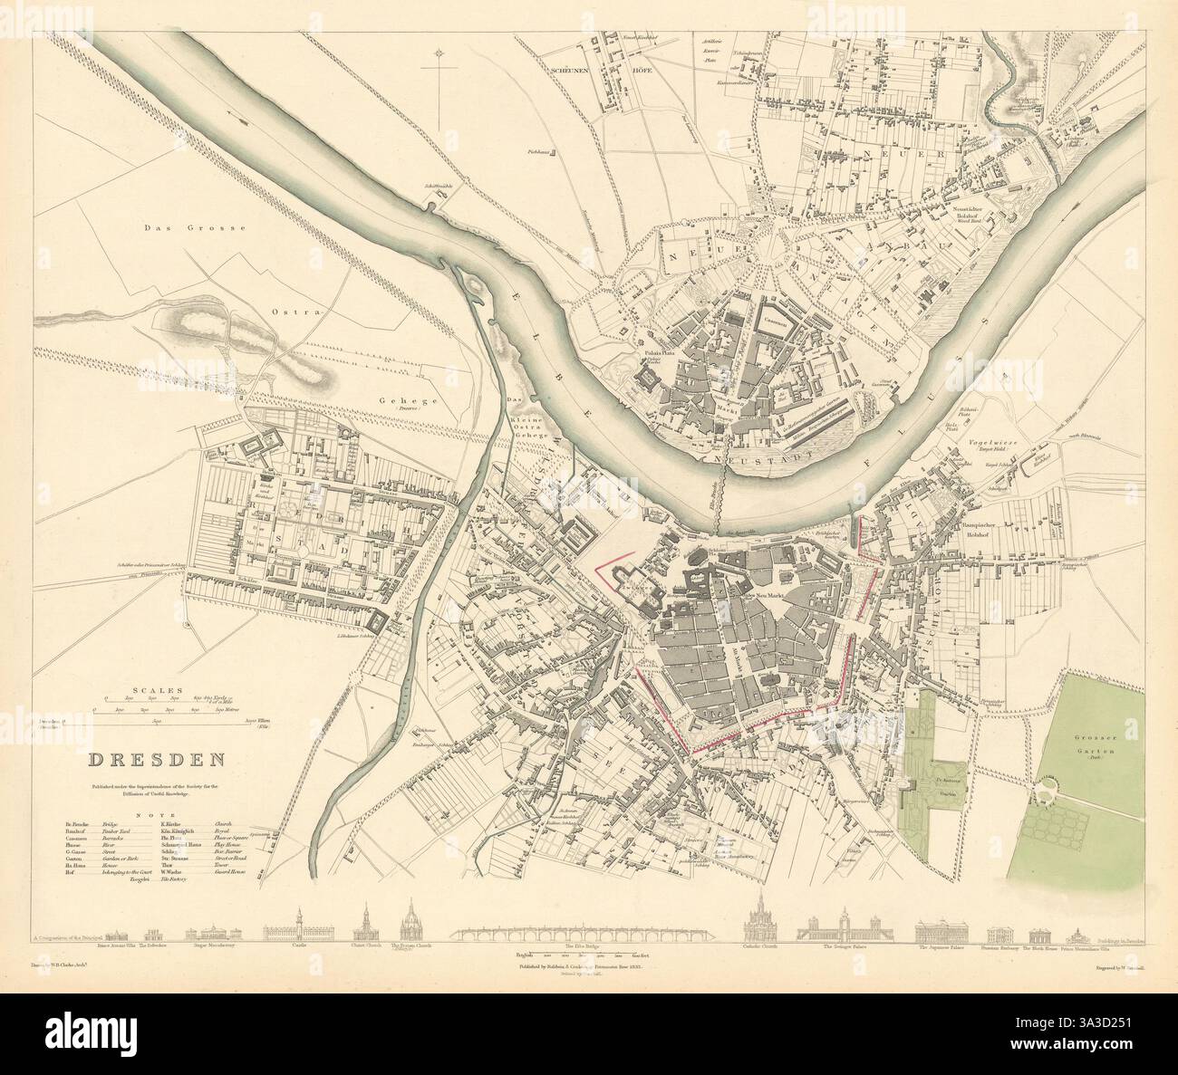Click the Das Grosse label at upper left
196,229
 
